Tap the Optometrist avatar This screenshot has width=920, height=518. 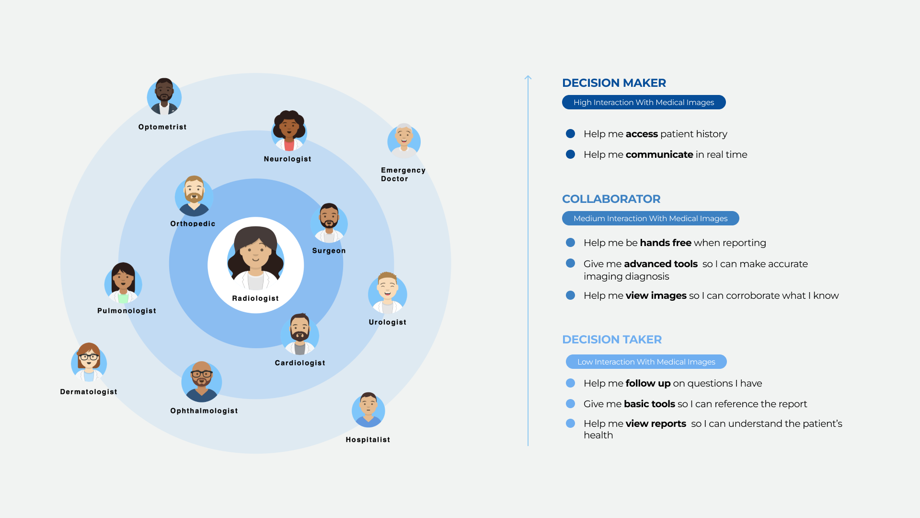pyautogui.click(x=164, y=97)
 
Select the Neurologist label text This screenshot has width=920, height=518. pyautogui.click(x=287, y=159)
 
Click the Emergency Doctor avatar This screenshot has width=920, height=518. pyautogui.click(x=404, y=141)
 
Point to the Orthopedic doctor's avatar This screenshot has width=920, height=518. pyautogui.click(x=194, y=196)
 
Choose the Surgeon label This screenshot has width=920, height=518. pyautogui.click(x=329, y=251)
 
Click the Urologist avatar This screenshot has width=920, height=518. pyautogui.click(x=387, y=293)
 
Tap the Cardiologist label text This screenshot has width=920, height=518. pyautogui.click(x=300, y=363)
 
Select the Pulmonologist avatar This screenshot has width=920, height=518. pyautogui.click(x=123, y=283)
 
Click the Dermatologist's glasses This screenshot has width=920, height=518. pyautogui.click(x=89, y=357)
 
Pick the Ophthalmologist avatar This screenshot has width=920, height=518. pyautogui.click(x=202, y=382)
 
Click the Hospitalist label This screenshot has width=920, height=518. pyautogui.click(x=368, y=440)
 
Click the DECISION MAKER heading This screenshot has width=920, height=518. pyautogui.click(x=614, y=83)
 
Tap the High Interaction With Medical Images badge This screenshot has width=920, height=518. pyautogui.click(x=644, y=102)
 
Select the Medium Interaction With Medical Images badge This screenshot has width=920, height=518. pyautogui.click(x=650, y=218)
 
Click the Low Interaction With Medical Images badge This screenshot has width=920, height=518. pyautogui.click(x=646, y=362)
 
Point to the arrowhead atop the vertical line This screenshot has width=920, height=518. pyautogui.click(x=528, y=77)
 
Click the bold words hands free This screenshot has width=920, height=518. pyautogui.click(x=665, y=243)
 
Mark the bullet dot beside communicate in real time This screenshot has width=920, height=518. pyautogui.click(x=570, y=154)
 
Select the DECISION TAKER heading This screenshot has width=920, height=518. pyautogui.click(x=612, y=340)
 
